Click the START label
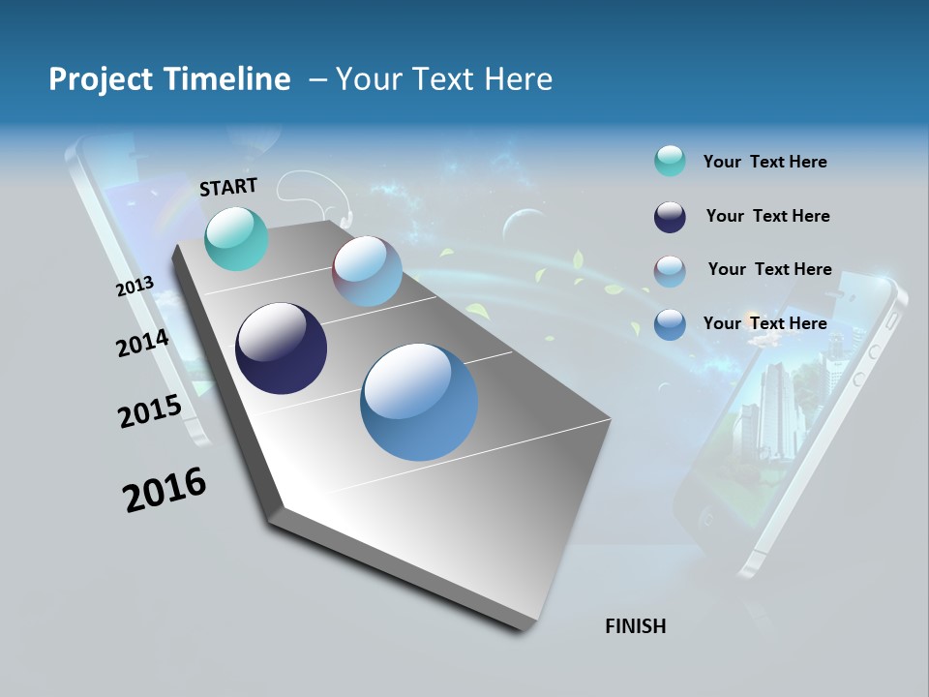coord(228,187)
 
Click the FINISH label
coord(635,626)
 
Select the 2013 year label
coord(135,287)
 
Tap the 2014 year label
coord(142,344)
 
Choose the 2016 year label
coord(165,490)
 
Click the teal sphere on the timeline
coord(236,238)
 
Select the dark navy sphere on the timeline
coord(281,348)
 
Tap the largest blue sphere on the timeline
coord(419,402)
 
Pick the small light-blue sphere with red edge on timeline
coord(367,271)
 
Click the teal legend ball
coord(670,162)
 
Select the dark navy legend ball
coord(670,217)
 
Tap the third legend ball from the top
coord(670,271)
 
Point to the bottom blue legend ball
coord(670,324)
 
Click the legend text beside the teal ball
coord(764,163)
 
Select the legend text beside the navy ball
coord(767,216)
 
